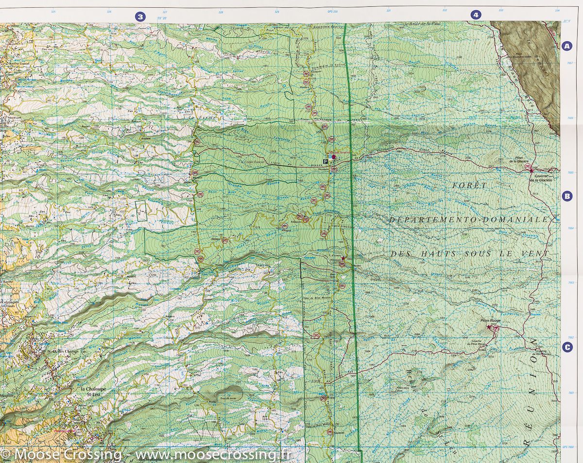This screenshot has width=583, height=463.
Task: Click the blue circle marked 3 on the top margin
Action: pyautogui.click(x=140, y=17)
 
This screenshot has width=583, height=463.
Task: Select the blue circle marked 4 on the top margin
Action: pyautogui.click(x=476, y=15)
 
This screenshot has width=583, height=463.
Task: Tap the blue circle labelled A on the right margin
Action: pyautogui.click(x=566, y=46)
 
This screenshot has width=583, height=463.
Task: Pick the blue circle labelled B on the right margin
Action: pyautogui.click(x=566, y=196)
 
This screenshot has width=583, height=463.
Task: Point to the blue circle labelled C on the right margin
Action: pyautogui.click(x=566, y=347)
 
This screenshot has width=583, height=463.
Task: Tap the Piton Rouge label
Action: pyautogui.click(x=490, y=321)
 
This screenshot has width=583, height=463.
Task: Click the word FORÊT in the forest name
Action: pyautogui.click(x=462, y=186)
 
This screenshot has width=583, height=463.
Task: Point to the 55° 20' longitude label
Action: pyautogui.click(x=162, y=18)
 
